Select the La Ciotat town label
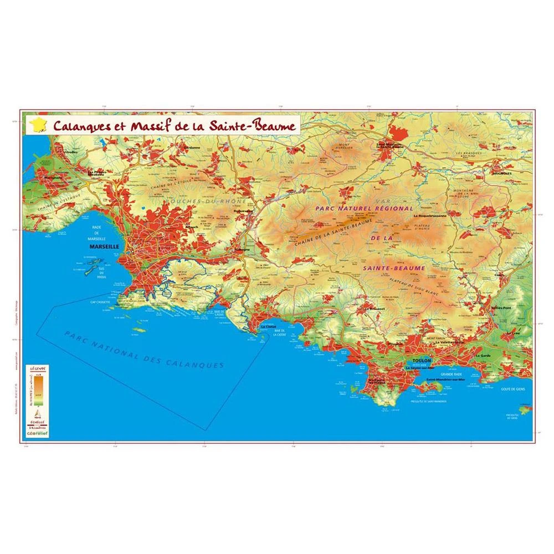pyautogui.click(x=268, y=327)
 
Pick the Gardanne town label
pyautogui.click(x=191, y=148)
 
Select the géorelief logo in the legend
pyautogui.click(x=38, y=434)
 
